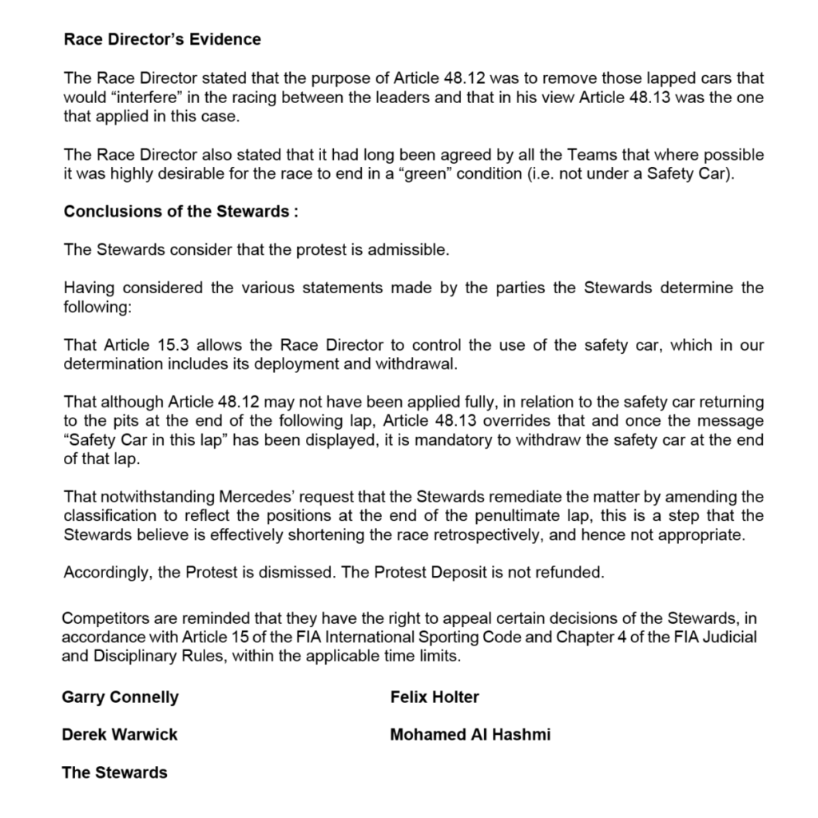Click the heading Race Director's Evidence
coord(162,39)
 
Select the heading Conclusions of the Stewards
coord(181,212)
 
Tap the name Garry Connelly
coord(120,697)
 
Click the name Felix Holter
coord(435,697)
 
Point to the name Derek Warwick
coord(120,734)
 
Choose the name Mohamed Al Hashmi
coord(470,734)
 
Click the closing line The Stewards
coord(114,772)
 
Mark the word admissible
coord(408,250)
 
